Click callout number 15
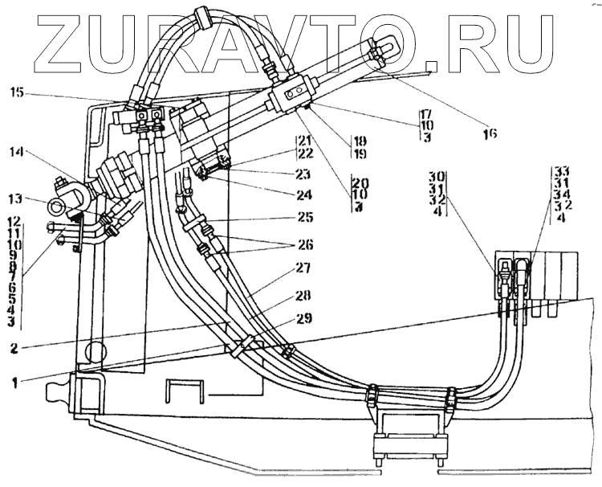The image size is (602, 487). tap(18, 94)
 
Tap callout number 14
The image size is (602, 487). tap(18, 151)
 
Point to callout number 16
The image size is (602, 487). tap(489, 134)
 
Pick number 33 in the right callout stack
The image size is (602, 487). tap(561, 170)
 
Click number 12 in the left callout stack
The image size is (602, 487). tap(14, 221)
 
